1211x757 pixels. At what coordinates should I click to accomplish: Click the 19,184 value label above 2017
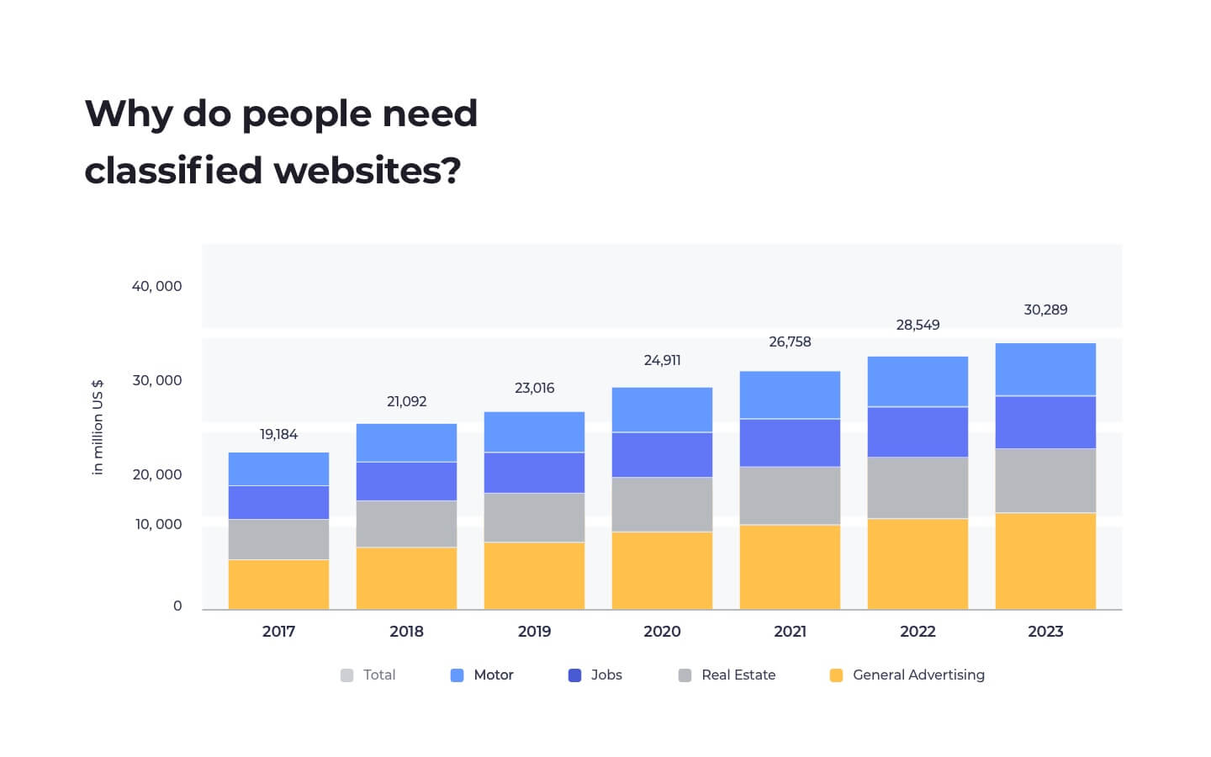coord(278,434)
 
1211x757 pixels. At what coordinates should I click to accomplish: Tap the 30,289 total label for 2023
coord(1045,310)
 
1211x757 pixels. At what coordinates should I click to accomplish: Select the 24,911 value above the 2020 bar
coord(662,360)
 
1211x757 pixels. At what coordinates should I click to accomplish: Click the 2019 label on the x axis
coord(534,631)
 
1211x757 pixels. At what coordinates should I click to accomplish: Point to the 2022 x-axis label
coord(918,631)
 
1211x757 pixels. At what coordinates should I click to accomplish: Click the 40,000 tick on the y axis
coord(156,286)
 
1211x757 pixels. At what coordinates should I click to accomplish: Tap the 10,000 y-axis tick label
coord(158,524)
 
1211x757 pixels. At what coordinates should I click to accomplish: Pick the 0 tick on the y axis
coord(177,606)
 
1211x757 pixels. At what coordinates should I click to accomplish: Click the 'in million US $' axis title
coord(98,426)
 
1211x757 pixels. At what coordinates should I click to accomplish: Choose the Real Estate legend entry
coord(727,675)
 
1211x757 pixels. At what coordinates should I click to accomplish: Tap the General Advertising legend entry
coord(907,675)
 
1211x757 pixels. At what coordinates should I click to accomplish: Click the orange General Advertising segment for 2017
coord(278,585)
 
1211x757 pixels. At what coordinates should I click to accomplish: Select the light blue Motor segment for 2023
coord(1045,369)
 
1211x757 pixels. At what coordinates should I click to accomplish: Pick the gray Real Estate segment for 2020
coord(662,505)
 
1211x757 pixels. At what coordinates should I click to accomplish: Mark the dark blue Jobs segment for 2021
coord(790,442)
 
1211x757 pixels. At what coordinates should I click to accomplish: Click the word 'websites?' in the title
coord(368,170)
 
